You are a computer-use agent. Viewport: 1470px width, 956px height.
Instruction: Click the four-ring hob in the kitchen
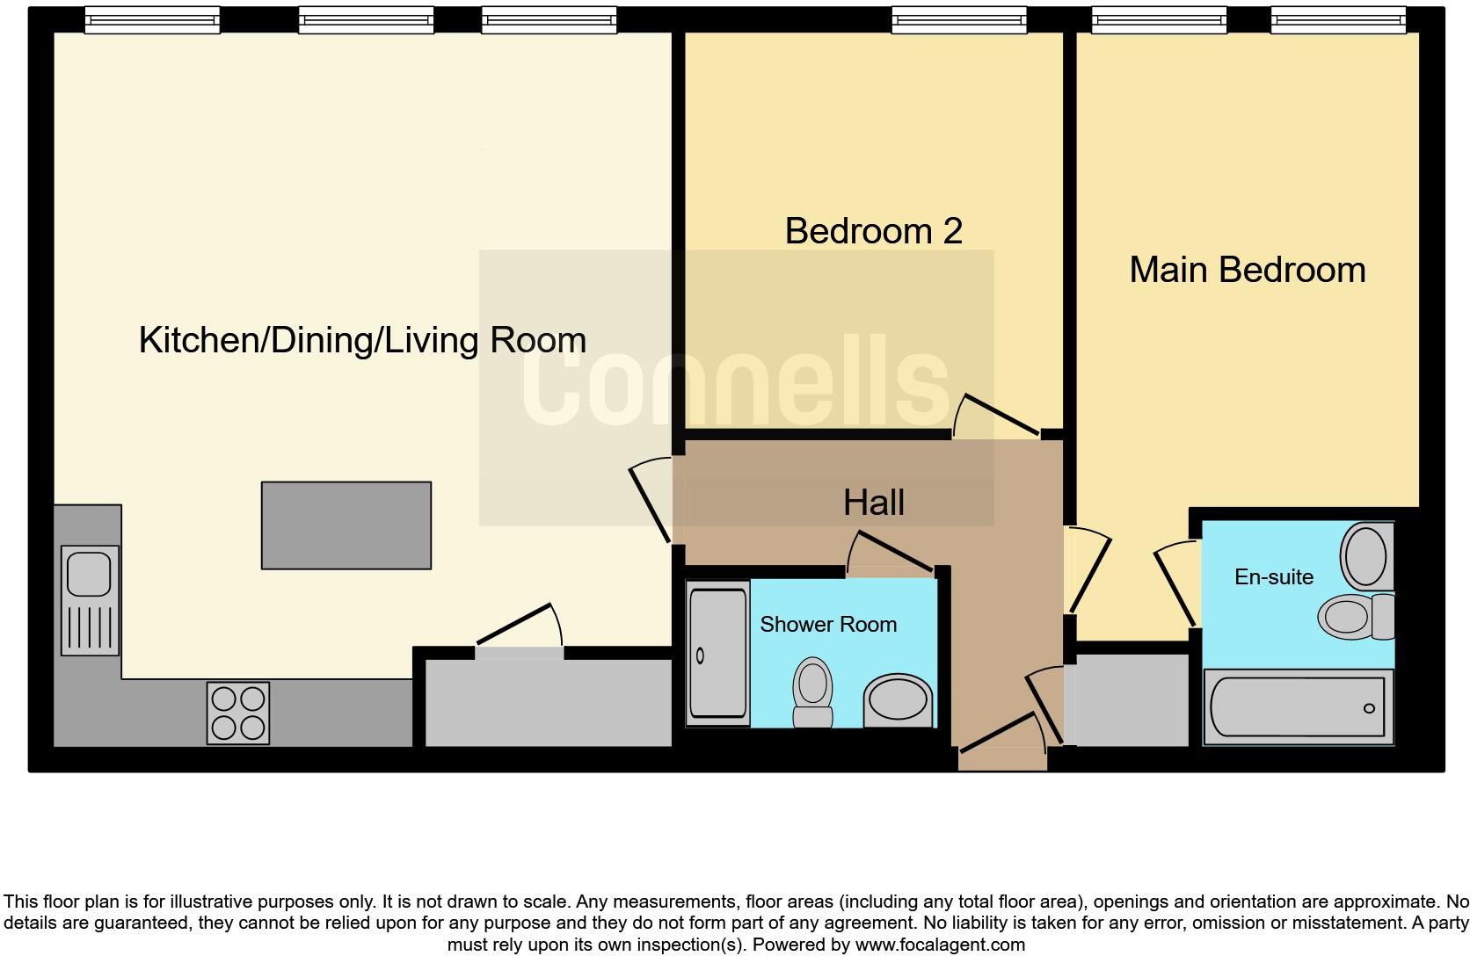[x=238, y=713]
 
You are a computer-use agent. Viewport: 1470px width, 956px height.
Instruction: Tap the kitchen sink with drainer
[x=91, y=601]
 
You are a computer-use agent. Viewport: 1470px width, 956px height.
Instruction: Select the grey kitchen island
[x=346, y=525]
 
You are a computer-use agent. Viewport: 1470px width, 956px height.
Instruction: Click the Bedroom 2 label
[x=873, y=231]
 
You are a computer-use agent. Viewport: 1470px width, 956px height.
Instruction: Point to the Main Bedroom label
[x=1248, y=270]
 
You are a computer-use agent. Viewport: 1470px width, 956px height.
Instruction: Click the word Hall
[x=873, y=503]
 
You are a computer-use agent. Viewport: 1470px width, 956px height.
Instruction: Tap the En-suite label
[x=1274, y=577]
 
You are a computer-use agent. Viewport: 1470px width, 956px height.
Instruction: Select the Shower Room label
[x=828, y=624]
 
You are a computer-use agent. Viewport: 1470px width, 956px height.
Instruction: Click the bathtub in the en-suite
[x=1298, y=707]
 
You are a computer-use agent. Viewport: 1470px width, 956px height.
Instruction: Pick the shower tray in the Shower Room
[x=718, y=654]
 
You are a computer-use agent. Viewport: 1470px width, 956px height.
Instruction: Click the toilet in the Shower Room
[x=813, y=692]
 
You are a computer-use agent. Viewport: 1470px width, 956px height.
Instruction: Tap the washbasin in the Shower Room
[x=898, y=700]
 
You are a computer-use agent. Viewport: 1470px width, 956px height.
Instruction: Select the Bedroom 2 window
[x=959, y=20]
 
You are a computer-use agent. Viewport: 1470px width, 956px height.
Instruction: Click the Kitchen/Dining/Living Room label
[x=362, y=340]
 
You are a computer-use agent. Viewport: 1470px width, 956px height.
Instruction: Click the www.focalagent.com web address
[x=940, y=945]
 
